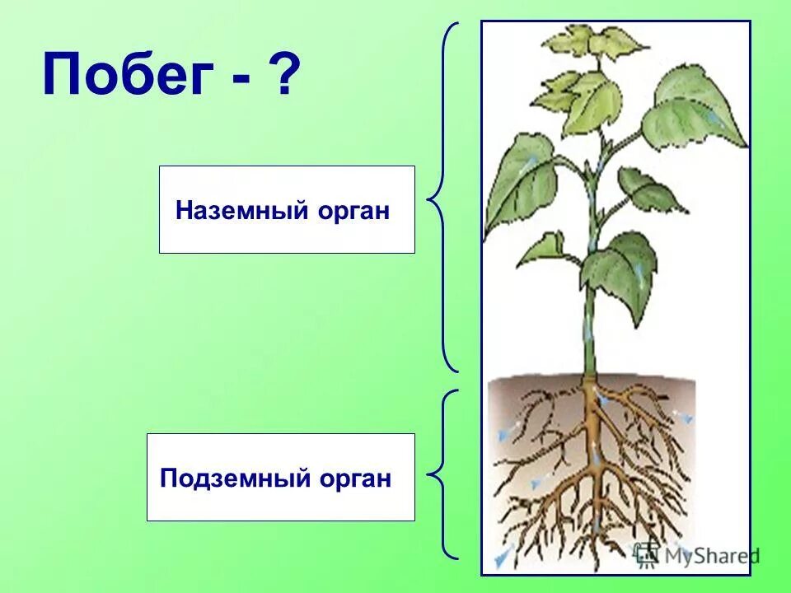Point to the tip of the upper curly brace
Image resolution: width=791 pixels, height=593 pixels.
coord(429,198)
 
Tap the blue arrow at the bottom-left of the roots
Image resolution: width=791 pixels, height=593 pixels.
coord(498,559)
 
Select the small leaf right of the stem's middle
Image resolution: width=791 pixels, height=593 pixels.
coord(647,189)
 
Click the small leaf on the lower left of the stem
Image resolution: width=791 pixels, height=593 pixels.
coord(544,247)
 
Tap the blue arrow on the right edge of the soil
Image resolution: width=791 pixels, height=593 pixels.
coord(683,416)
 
